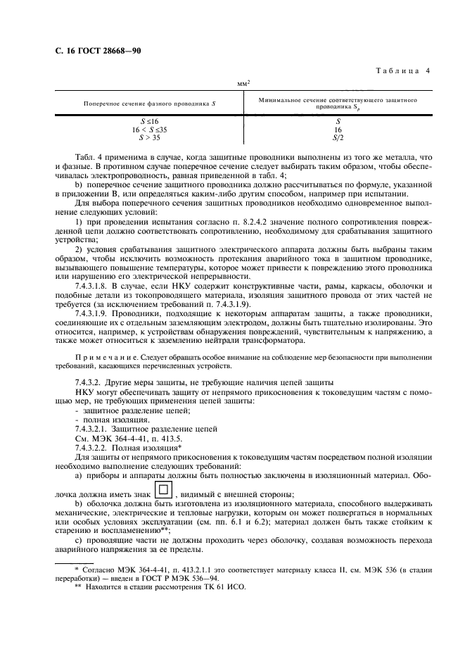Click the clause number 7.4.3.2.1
[96, 429]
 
